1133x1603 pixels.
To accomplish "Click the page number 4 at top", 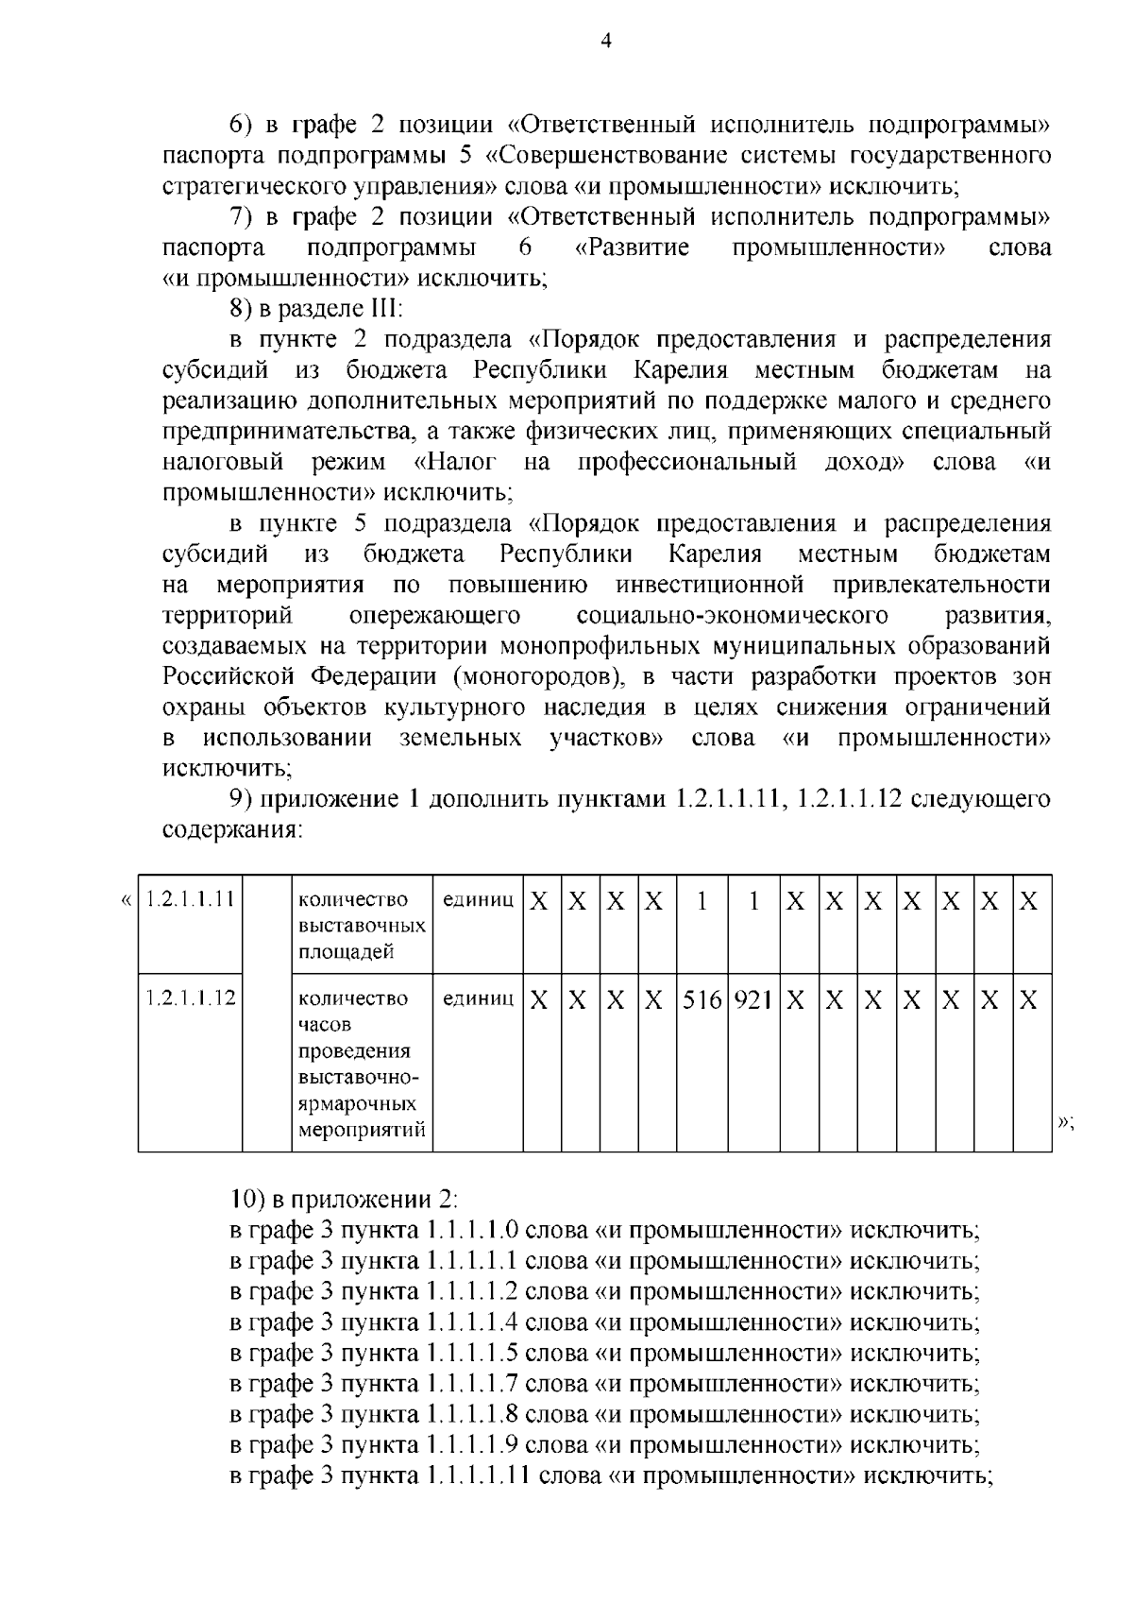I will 606,41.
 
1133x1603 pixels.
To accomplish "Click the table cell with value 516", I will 702,999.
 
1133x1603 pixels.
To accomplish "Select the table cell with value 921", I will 754,999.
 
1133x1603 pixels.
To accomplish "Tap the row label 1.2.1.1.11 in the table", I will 191,898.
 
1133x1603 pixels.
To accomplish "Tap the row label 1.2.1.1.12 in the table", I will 191,998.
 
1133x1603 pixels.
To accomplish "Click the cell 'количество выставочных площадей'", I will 362,925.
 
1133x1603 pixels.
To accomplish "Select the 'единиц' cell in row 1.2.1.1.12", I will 478,998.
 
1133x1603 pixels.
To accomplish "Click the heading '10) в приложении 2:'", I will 344,1200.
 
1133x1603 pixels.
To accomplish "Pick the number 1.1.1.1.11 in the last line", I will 478,1475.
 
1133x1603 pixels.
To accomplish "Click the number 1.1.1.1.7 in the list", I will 471,1384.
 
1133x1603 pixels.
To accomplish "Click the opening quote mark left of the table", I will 127,898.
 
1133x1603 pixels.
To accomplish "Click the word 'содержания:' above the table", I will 232,831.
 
